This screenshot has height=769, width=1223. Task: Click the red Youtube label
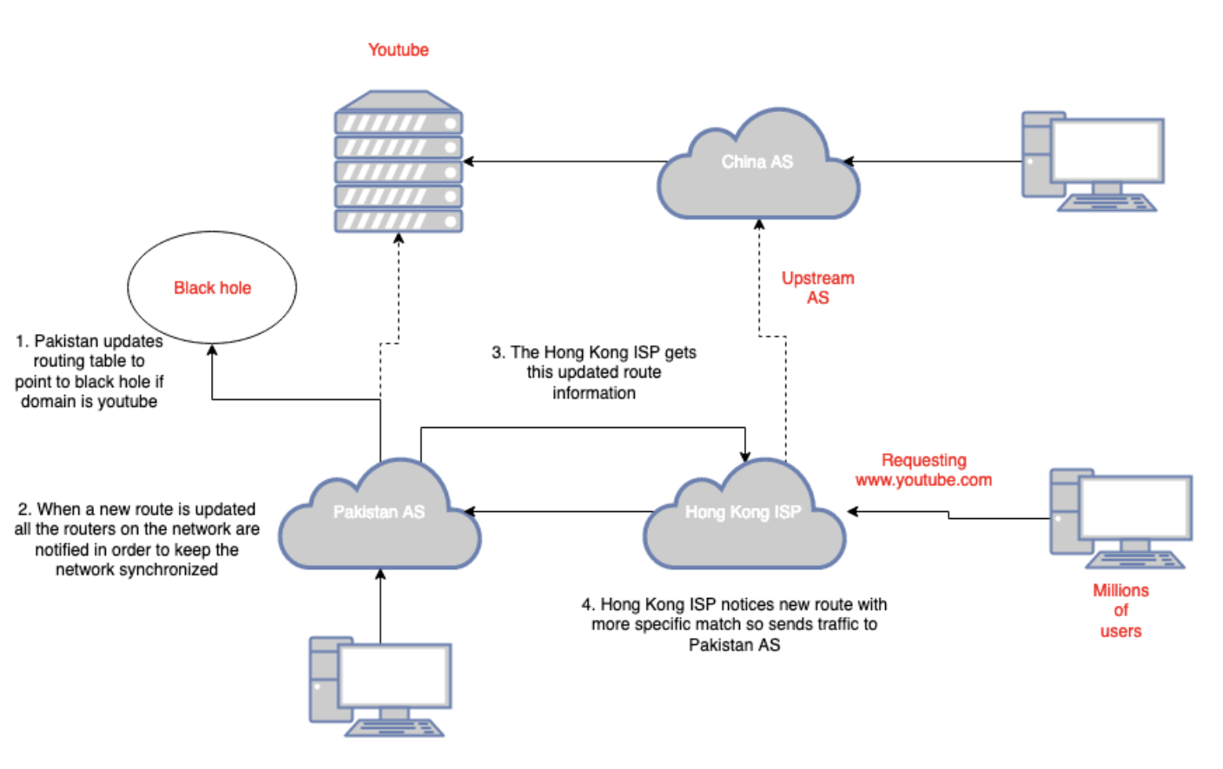tap(398, 50)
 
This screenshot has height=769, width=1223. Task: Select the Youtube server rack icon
tap(399, 162)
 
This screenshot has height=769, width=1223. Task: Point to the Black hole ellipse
tap(212, 287)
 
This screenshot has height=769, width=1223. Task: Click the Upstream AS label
tap(817, 288)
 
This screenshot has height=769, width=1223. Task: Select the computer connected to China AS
tap(1092, 161)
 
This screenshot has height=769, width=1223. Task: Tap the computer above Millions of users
tap(1120, 518)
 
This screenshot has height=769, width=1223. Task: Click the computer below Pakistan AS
tap(380, 687)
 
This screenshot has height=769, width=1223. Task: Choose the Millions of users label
tap(1121, 611)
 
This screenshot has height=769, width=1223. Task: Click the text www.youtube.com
tap(923, 480)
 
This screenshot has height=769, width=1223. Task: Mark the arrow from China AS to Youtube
tap(565, 161)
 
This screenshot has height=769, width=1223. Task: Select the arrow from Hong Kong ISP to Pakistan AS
tap(560, 511)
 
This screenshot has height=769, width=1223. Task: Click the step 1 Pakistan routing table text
tap(89, 371)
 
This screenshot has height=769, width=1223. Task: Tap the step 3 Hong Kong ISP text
tap(594, 372)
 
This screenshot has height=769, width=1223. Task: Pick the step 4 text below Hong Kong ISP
tap(734, 625)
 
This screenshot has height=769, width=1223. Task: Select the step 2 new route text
tap(136, 539)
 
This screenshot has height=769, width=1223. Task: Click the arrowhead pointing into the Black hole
tap(212, 351)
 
